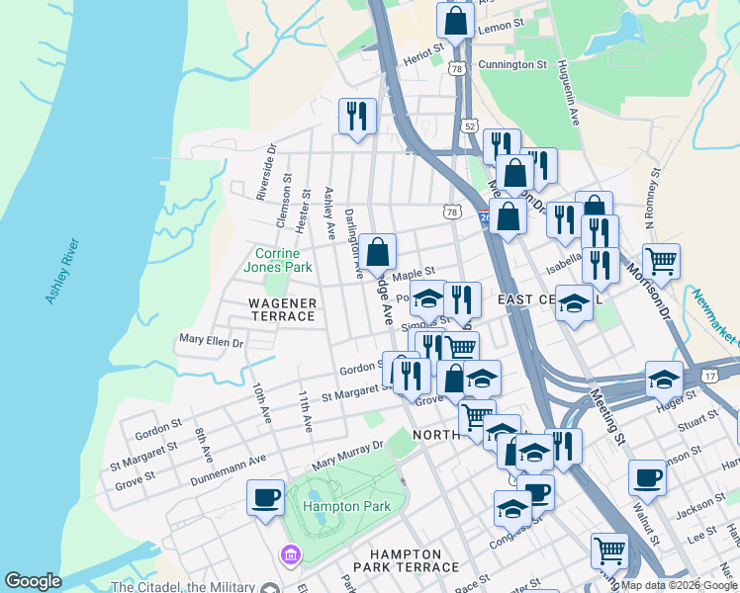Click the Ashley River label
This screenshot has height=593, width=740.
[61, 270]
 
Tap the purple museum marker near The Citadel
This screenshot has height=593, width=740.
[290, 553]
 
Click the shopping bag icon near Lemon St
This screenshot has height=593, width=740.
[455, 20]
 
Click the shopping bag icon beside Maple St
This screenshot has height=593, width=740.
[378, 251]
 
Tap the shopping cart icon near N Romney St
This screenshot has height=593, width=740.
[661, 261]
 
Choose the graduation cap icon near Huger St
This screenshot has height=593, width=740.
[664, 379]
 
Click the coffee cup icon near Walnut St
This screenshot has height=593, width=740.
[648, 477]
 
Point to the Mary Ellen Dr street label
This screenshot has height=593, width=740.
[210, 340]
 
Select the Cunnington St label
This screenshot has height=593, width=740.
[512, 64]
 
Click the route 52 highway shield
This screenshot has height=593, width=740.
[469, 126]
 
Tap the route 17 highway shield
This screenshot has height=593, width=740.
[710, 376]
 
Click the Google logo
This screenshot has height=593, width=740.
[33, 581]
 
